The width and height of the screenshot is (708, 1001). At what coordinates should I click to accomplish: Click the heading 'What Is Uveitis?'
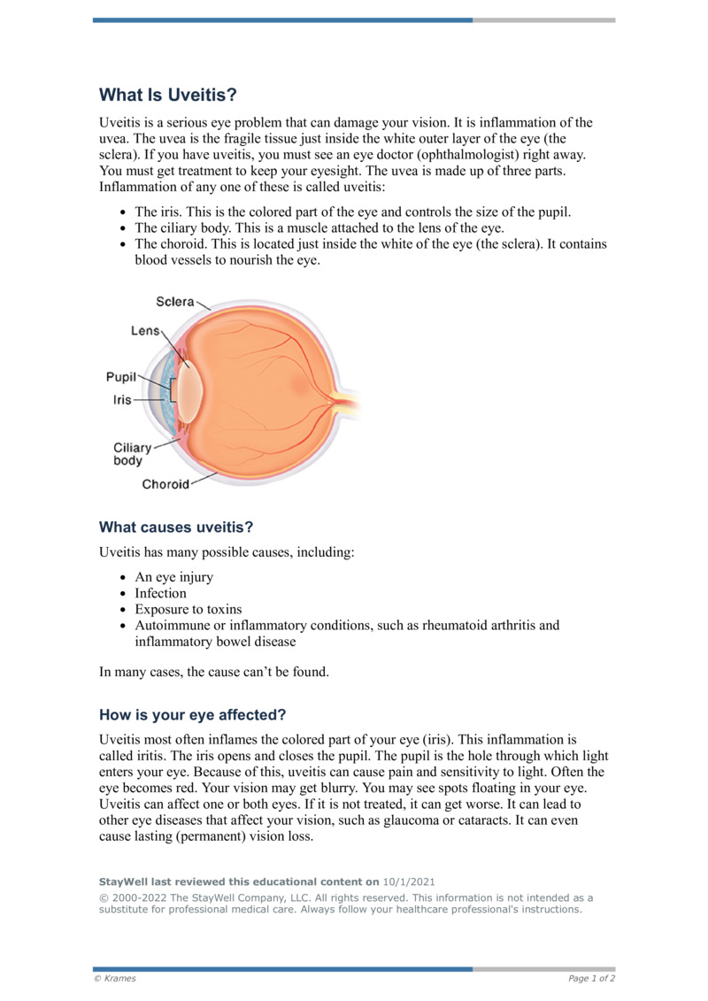coord(168,95)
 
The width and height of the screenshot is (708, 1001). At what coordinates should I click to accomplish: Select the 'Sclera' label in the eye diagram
coord(175,302)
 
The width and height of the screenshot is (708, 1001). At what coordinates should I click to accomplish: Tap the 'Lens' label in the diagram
coord(144,330)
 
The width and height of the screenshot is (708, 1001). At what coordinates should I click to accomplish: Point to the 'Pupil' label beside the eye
coord(121,376)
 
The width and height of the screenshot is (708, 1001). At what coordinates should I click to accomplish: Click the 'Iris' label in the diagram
coord(122,400)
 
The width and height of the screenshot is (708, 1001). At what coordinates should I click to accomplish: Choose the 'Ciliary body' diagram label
coord(132,454)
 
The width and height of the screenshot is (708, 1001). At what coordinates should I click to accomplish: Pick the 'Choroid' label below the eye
coord(165,484)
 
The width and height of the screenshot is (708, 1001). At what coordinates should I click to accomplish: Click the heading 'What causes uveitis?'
coord(176,527)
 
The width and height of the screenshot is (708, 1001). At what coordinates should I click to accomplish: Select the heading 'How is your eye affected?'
coord(192,714)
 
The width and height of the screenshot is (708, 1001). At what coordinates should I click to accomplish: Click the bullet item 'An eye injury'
coord(173,577)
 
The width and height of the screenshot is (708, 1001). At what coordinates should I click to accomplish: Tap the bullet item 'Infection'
coord(160,593)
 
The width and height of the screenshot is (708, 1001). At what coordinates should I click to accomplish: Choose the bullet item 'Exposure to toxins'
coord(188,609)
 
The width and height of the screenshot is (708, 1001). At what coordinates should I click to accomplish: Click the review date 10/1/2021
coord(409,882)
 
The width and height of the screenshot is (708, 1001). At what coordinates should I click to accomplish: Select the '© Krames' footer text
coord(115,978)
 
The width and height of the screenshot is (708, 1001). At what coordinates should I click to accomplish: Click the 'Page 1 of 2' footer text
coord(591,978)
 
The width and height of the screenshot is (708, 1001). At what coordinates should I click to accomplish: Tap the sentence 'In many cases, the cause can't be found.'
coord(214,672)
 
